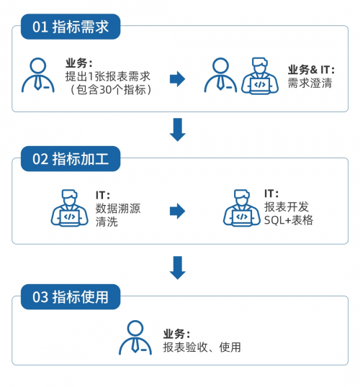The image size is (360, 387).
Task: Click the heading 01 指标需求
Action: pyautogui.click(x=71, y=27)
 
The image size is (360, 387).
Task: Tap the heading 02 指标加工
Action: pyautogui.click(x=71, y=159)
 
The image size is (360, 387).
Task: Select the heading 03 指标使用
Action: pyautogui.click(x=71, y=296)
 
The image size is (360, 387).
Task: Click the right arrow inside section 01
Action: pyautogui.click(x=177, y=79)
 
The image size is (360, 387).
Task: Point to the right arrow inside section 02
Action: pyautogui.click(x=177, y=211)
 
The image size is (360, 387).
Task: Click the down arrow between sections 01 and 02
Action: pyautogui.click(x=177, y=129)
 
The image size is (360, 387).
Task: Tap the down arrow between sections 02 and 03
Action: pyautogui.click(x=177, y=268)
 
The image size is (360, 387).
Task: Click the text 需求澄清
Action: pyautogui.click(x=310, y=83)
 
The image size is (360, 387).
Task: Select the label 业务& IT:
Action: pyautogui.click(x=311, y=70)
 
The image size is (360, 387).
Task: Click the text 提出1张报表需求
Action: pyautogui.click(x=108, y=76)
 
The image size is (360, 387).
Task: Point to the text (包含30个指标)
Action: pyautogui.click(x=111, y=89)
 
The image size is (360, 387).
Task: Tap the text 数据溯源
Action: pyautogui.click(x=118, y=209)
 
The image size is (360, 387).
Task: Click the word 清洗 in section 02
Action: pyautogui.click(x=107, y=222)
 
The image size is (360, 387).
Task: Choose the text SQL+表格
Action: pyautogui.click(x=289, y=220)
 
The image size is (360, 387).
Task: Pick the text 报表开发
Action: pyautogui.click(x=287, y=207)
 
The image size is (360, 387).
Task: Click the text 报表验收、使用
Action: pyautogui.click(x=202, y=347)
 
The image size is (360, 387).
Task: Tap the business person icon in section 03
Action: pyautogui.click(x=135, y=337)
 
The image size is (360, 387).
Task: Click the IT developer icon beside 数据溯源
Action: pyautogui.click(x=69, y=208)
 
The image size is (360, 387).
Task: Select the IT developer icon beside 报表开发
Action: pyautogui.click(x=242, y=208)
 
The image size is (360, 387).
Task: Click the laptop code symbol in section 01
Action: pyautogui.click(x=260, y=85)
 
